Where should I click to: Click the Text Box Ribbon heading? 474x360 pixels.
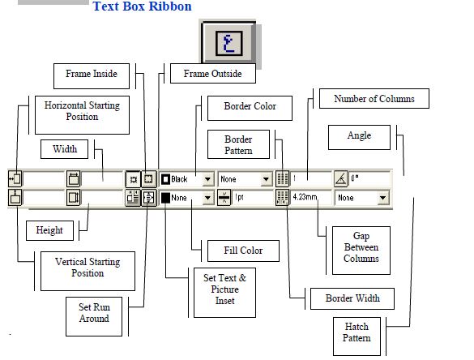[x=142, y=7]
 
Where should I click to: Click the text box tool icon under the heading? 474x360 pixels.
[x=227, y=40]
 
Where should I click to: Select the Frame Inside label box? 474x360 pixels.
[x=92, y=75]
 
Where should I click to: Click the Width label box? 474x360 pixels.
[x=65, y=149]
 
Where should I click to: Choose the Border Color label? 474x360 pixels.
[x=250, y=106]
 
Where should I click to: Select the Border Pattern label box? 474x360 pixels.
[x=238, y=145]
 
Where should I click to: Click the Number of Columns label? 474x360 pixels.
[x=374, y=99]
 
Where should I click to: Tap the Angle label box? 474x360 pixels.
[x=359, y=136]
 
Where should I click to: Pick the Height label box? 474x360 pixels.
[x=49, y=230]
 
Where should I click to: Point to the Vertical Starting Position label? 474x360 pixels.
[x=88, y=268]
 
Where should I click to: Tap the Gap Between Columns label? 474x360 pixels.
[x=361, y=247]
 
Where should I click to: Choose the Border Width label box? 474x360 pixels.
[x=352, y=298]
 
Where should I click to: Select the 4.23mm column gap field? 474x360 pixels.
[x=310, y=197]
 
